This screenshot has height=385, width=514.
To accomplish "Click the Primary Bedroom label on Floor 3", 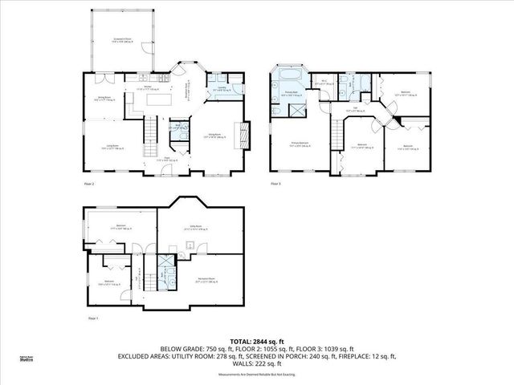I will click(x=301, y=145).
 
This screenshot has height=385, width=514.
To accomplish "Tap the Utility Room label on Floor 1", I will click(x=194, y=227).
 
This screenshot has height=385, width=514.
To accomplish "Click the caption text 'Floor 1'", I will click(x=92, y=318).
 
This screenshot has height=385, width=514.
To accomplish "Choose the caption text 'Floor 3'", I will click(x=275, y=184).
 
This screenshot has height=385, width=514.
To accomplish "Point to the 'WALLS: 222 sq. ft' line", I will click(x=256, y=363).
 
